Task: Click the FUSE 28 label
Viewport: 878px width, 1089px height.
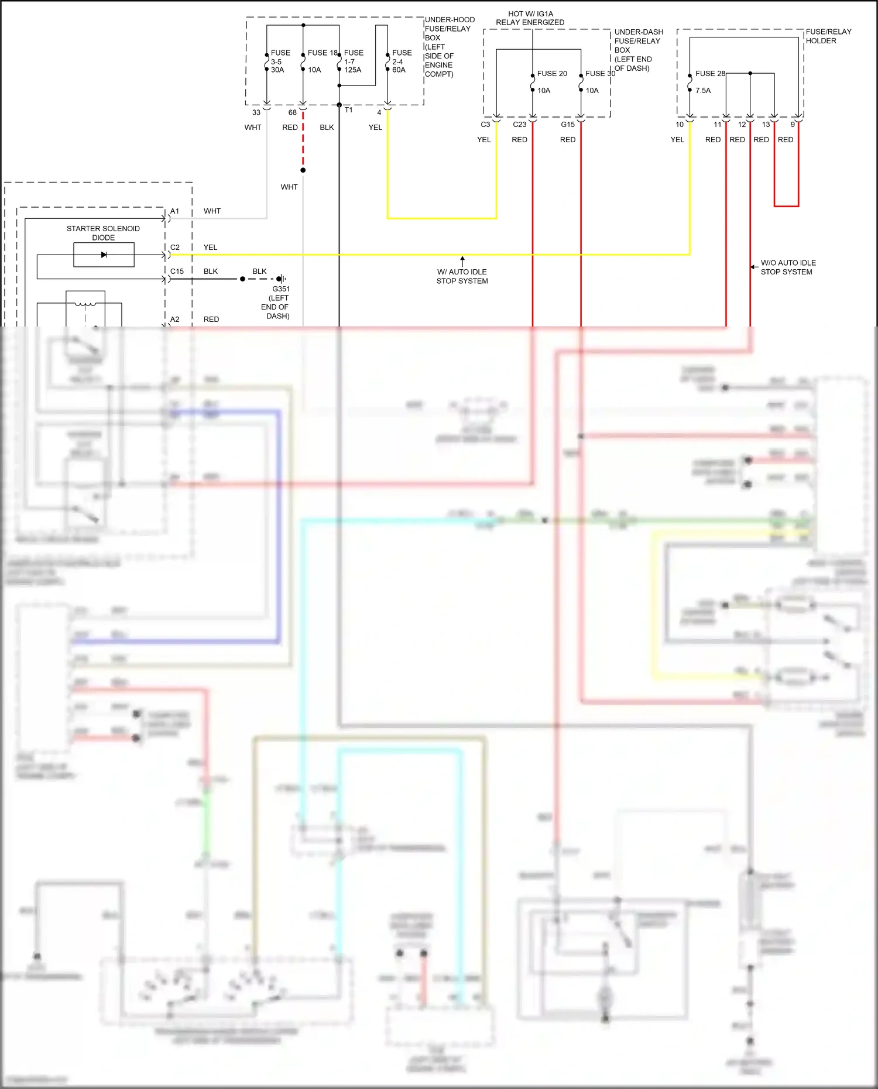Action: click(709, 74)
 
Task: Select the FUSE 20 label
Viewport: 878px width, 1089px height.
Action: click(551, 74)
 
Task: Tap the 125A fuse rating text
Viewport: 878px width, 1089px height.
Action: click(352, 70)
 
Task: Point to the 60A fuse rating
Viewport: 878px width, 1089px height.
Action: click(399, 70)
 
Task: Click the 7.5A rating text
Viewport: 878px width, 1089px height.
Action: click(702, 91)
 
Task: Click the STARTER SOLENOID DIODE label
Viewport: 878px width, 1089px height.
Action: click(103, 233)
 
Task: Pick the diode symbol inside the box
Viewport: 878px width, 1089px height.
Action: click(104, 255)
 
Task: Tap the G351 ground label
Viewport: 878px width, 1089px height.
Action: click(281, 289)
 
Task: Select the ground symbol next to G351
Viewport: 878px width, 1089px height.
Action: click(282, 279)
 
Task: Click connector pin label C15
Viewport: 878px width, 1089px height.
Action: click(177, 272)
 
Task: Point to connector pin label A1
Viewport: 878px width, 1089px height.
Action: click(174, 211)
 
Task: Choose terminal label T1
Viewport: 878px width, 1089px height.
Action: click(348, 110)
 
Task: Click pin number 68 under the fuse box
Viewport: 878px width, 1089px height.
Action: click(292, 112)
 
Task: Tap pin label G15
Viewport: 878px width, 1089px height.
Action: click(567, 125)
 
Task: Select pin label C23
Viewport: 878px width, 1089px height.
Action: click(519, 125)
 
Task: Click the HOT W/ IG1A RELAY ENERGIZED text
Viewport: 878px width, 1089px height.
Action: click(530, 18)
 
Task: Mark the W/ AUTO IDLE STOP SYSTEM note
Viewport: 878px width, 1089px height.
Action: click(462, 276)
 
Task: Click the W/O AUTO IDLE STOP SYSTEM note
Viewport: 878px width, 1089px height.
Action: click(787, 267)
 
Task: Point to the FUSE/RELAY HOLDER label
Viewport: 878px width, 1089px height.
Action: click(828, 36)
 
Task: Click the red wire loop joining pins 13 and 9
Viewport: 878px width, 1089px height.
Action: click(786, 206)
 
